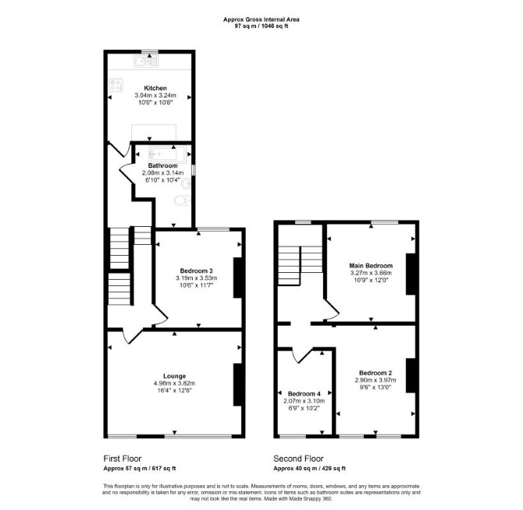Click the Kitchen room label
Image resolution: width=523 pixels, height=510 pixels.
[x=155, y=88]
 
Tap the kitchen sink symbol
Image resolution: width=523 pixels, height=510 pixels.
[x=146, y=62]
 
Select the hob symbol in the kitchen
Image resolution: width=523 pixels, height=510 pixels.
[x=116, y=85]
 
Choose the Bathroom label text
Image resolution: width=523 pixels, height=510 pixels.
[x=163, y=165]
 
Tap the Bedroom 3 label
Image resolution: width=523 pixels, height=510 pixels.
[x=196, y=271]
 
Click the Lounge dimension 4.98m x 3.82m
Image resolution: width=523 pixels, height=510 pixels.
[x=174, y=384]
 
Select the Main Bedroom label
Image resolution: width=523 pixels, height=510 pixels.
[x=371, y=265]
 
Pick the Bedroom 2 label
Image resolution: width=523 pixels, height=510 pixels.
[x=375, y=373]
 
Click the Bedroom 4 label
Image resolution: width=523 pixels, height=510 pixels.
[x=304, y=394]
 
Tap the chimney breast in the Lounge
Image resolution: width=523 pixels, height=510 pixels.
[x=237, y=384]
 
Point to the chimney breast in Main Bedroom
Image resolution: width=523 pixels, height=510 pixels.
[x=411, y=274]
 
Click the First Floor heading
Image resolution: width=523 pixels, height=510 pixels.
[x=123, y=459]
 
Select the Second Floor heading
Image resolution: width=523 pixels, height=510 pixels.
[x=298, y=459]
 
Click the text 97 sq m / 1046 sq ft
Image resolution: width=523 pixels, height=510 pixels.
[x=261, y=26]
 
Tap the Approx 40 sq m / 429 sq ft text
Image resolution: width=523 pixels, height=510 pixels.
[x=310, y=469]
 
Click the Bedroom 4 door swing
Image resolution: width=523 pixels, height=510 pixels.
[x=302, y=356]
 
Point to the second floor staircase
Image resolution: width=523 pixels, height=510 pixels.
[x=301, y=266]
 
